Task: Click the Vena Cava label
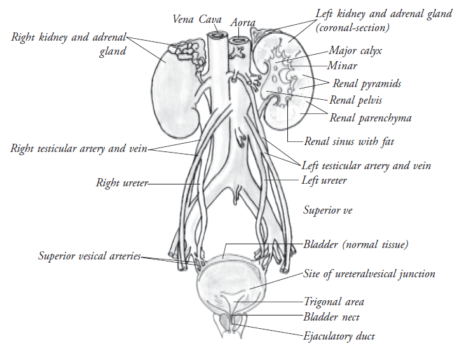[197, 20]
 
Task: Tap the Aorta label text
[243, 22]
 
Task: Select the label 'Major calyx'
[355, 51]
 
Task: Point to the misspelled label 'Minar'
[343, 66]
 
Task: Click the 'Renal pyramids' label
[367, 83]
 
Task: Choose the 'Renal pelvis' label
[356, 100]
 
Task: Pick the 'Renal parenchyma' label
[371, 118]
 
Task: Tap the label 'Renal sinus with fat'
[349, 141]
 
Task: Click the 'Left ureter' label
[324, 180]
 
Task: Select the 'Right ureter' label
[122, 183]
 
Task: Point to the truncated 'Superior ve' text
[328, 210]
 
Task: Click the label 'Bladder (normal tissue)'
[356, 244]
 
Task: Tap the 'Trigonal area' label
[334, 301]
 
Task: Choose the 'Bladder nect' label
[331, 317]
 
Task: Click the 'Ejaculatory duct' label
[339, 336]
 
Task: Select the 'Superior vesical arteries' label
[90, 256]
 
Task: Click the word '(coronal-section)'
[352, 28]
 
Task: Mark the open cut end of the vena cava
[217, 36]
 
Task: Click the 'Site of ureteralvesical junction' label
[369, 274]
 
